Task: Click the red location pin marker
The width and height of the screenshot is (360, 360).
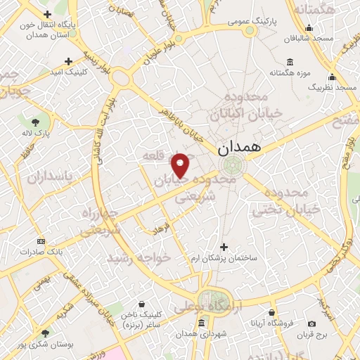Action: pyautogui.click(x=181, y=165)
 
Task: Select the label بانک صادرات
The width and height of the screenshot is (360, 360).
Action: pyautogui.click(x=42, y=251)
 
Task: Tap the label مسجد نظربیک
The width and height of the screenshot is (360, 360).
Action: pyautogui.click(x=332, y=87)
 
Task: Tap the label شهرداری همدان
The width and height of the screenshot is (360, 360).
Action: pyautogui.click(x=202, y=333)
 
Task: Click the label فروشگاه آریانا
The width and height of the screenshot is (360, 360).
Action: pyautogui.click(x=273, y=323)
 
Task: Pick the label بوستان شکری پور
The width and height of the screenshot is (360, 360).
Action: pyautogui.click(x=44, y=344)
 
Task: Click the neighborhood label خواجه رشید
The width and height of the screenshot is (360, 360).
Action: pyautogui.click(x=139, y=258)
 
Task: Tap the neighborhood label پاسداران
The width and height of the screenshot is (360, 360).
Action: pyautogui.click(x=51, y=176)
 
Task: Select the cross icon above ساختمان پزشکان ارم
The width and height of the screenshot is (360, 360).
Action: pyautogui.click(x=224, y=247)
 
